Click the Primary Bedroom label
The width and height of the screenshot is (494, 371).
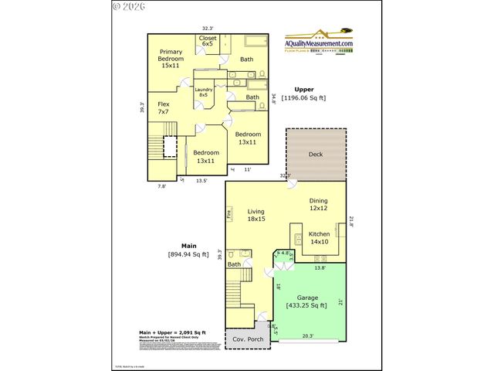coord(171,59)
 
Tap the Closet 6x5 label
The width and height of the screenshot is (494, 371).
coord(208,41)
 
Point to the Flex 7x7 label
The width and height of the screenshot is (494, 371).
coord(164,108)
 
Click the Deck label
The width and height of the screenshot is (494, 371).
coord(315,155)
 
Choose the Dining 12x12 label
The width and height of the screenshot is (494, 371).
coord(319,204)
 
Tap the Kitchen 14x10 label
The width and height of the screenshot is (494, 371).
coord(319,237)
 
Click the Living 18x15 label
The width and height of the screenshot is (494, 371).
coord(256,215)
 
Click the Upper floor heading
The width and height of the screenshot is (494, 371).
coord(303,90)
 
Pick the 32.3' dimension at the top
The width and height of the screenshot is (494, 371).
coord(208,29)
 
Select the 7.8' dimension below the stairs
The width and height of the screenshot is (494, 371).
coord(162,186)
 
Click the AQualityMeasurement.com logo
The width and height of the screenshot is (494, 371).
coord(320,43)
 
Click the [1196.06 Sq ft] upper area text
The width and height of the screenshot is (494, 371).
coord(303,98)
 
